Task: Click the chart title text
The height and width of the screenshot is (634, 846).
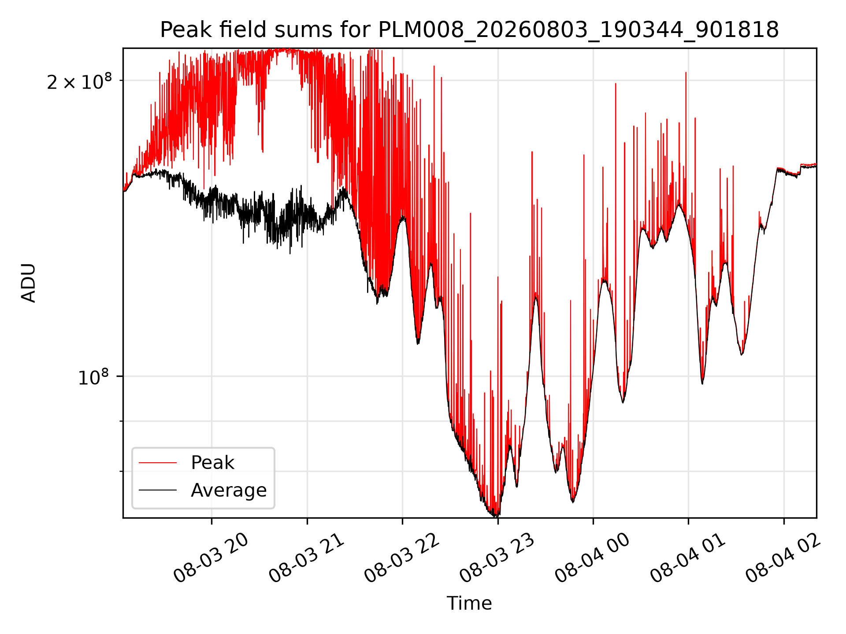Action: coord(469,30)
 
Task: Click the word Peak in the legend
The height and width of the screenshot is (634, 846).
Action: coord(212,463)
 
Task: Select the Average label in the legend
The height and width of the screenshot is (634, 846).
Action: coord(229,490)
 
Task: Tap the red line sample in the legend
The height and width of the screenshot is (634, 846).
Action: coord(158,463)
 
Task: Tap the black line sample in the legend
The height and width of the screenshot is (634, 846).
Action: coord(158,490)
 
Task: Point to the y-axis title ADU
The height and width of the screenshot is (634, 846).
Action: coord(29,283)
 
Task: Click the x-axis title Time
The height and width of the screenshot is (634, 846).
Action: coord(469,603)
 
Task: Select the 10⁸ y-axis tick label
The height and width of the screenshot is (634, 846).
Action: coord(93,377)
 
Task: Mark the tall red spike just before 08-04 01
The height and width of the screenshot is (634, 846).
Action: coord(686,72)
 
